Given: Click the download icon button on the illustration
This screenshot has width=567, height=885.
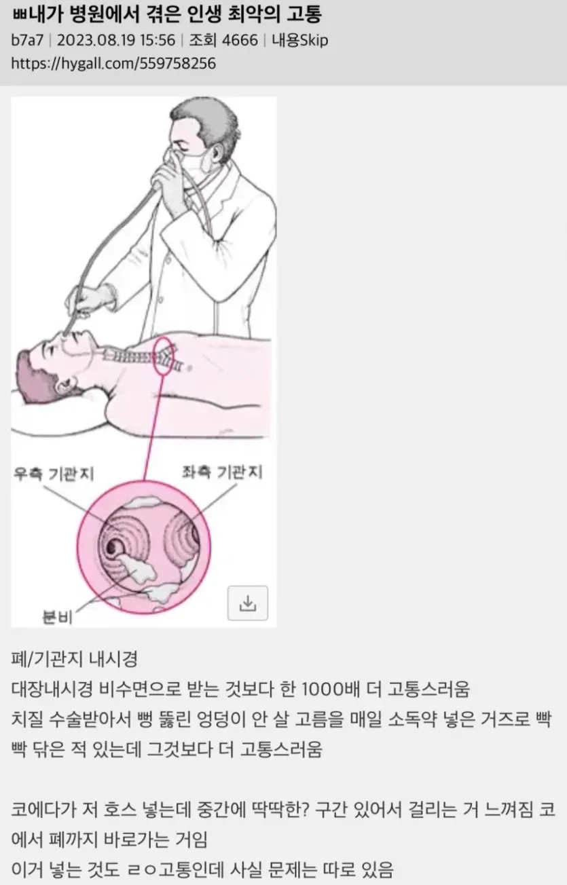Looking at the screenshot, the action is point(248,603).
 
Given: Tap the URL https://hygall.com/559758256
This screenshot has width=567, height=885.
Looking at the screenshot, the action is point(113,64).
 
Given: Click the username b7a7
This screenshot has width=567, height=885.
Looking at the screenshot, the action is point(27,40).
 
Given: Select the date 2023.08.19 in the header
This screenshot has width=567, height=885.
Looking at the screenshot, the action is point(96,40).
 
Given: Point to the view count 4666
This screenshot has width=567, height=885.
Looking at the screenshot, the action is point(240,40).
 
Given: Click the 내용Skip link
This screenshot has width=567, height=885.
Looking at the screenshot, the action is point(299,40).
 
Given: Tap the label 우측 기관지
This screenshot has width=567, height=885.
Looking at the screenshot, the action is point(54,474).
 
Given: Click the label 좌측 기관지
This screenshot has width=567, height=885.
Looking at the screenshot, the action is point(222,472).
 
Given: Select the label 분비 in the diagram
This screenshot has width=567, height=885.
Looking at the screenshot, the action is point(58,617).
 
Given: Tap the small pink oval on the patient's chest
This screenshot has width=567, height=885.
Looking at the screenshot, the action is point(164,356).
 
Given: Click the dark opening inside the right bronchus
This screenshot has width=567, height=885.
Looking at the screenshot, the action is point(112,547).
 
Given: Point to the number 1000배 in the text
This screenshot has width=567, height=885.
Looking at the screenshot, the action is point(331,689).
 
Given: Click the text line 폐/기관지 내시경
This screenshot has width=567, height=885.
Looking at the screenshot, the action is point(74,658).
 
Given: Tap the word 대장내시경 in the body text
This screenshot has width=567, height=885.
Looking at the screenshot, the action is point(52,689).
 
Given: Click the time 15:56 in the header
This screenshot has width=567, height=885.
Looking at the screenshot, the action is point(158,40).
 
